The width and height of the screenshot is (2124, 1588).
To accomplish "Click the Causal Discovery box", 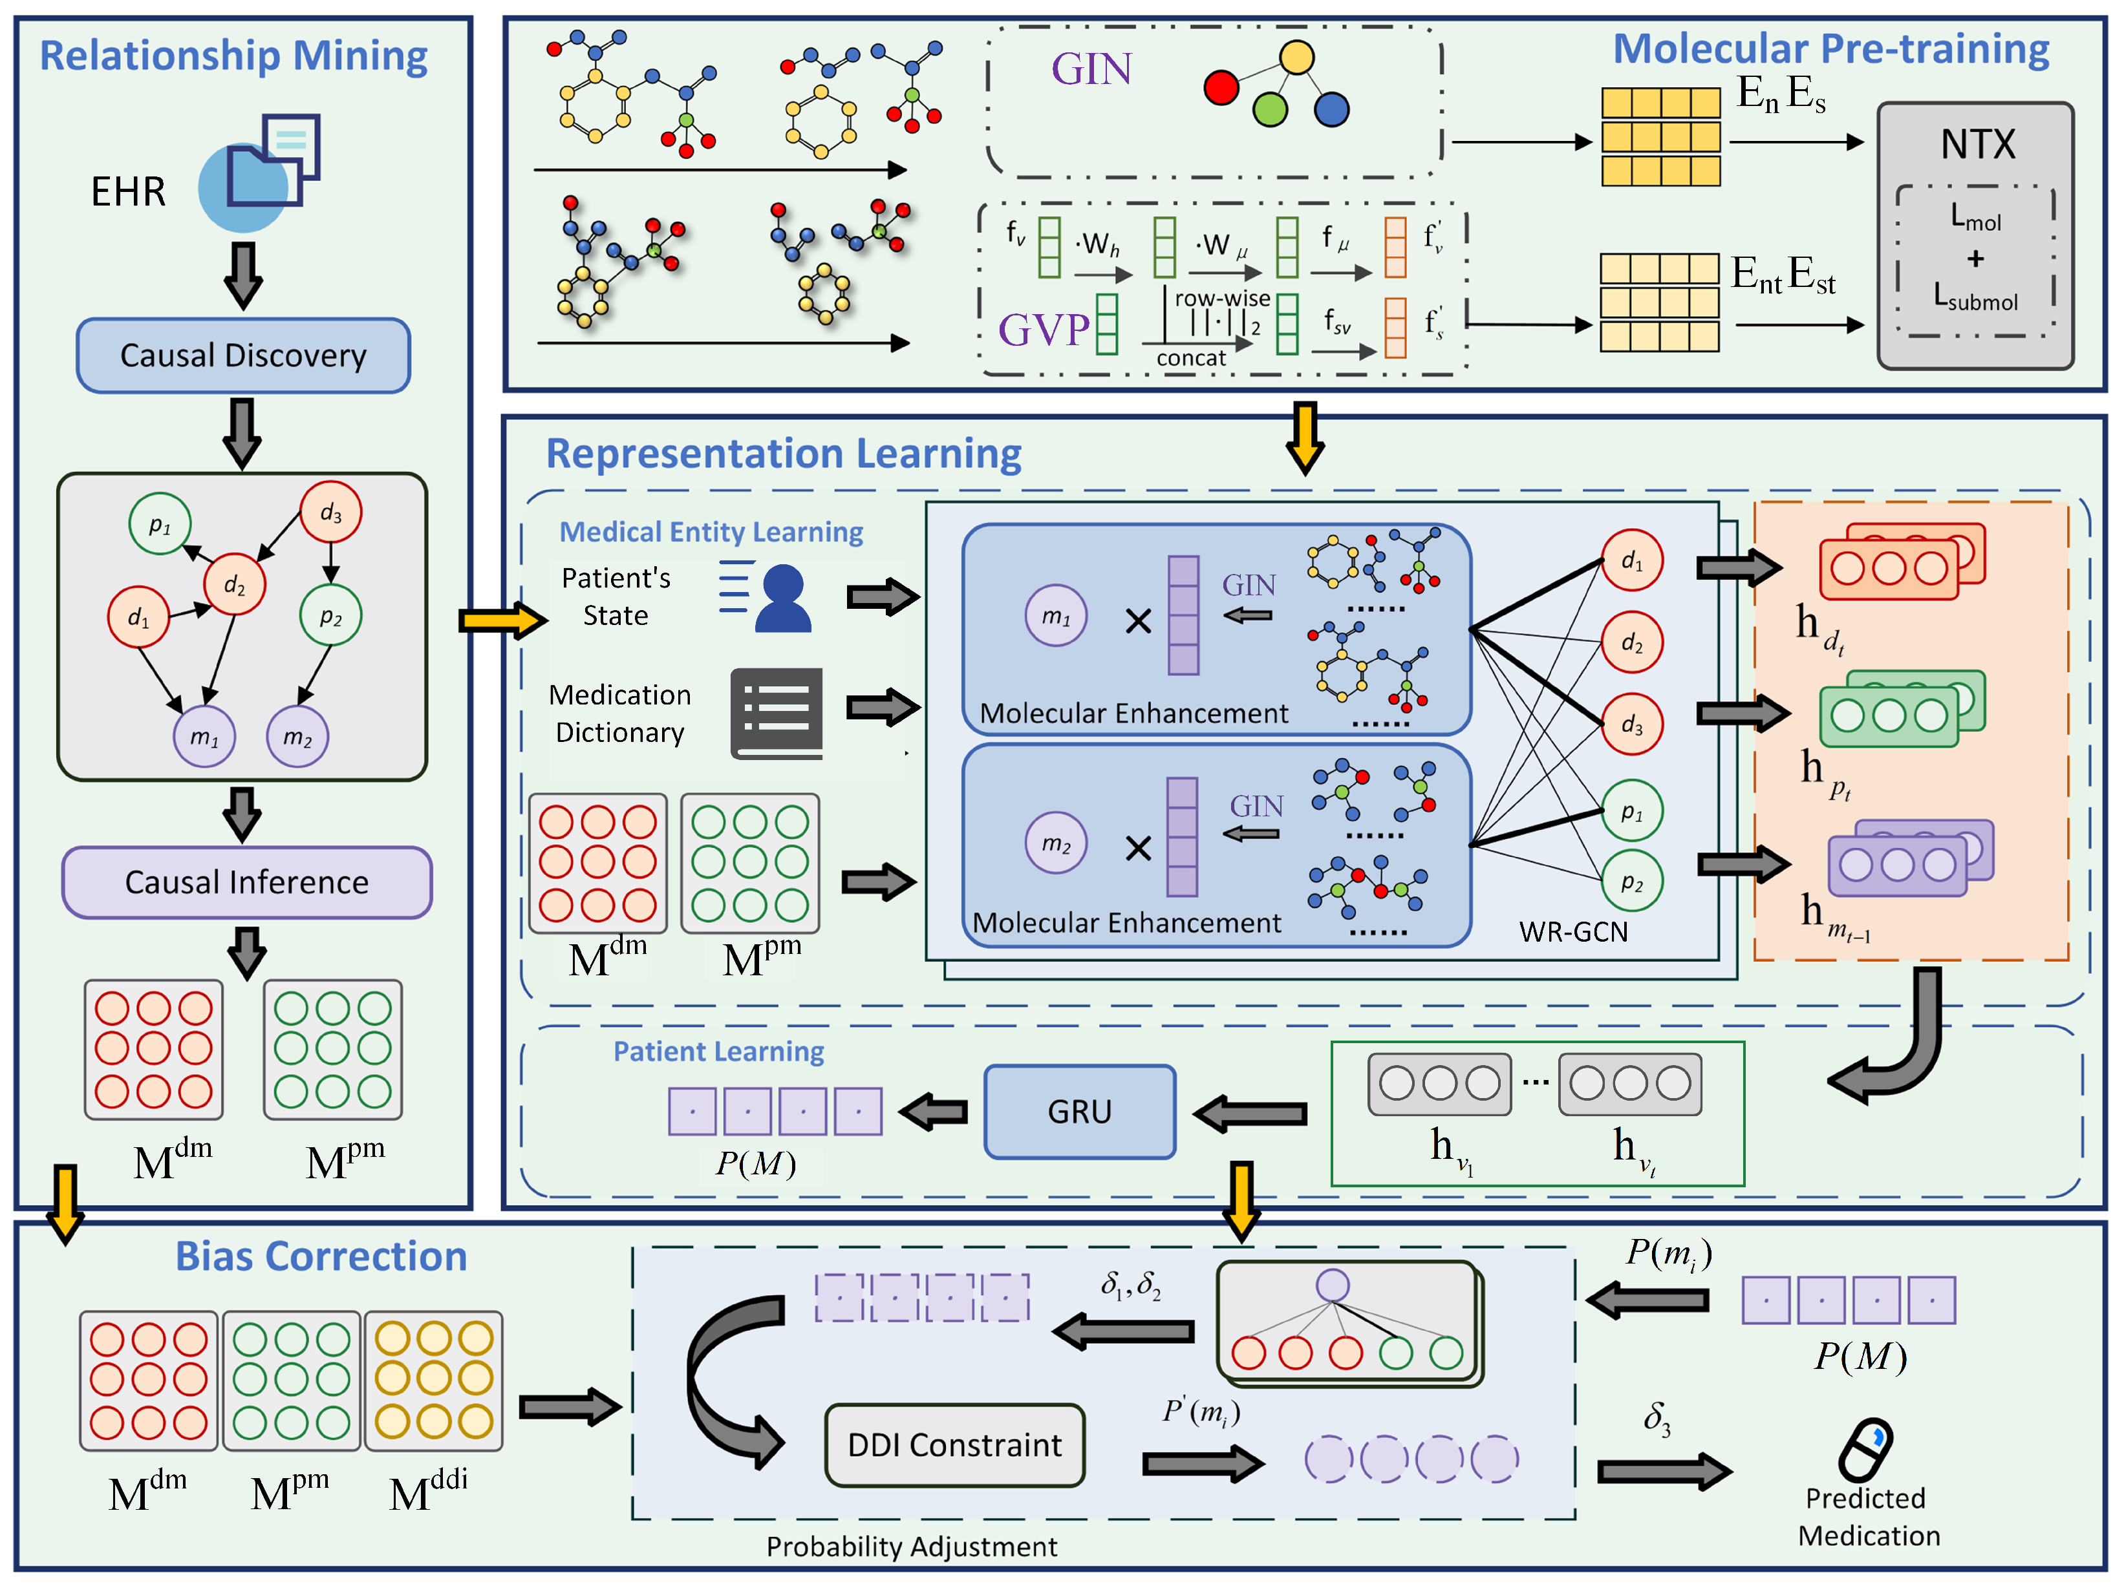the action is point(243,355).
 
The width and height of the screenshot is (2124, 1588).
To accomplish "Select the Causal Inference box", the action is point(247,882).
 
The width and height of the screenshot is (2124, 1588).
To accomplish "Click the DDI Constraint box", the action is point(954,1445).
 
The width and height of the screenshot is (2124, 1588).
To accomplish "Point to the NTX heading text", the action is point(1978,145).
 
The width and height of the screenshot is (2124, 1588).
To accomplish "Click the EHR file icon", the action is point(259,173).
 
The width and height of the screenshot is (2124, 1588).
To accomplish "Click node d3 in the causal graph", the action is point(331,513).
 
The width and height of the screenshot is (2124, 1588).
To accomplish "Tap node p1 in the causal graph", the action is point(160,524).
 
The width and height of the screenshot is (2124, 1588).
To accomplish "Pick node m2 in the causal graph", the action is point(297,736).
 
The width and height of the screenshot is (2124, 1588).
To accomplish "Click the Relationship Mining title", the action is point(233,56).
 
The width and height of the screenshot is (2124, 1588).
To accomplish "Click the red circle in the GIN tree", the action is point(1221,87).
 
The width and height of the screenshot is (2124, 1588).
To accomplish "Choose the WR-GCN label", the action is point(1573,931).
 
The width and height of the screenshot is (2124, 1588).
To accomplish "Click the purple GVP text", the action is point(1044,330).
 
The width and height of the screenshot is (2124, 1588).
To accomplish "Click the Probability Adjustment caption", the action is point(911,1547).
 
